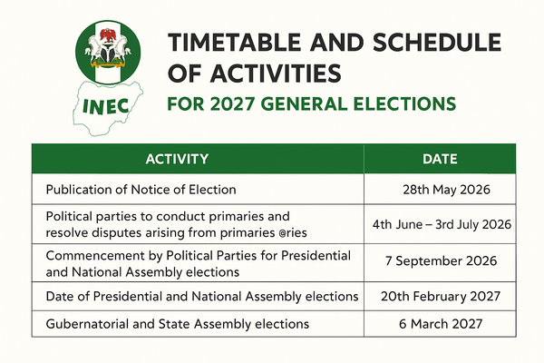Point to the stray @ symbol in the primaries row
click(296, 231)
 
